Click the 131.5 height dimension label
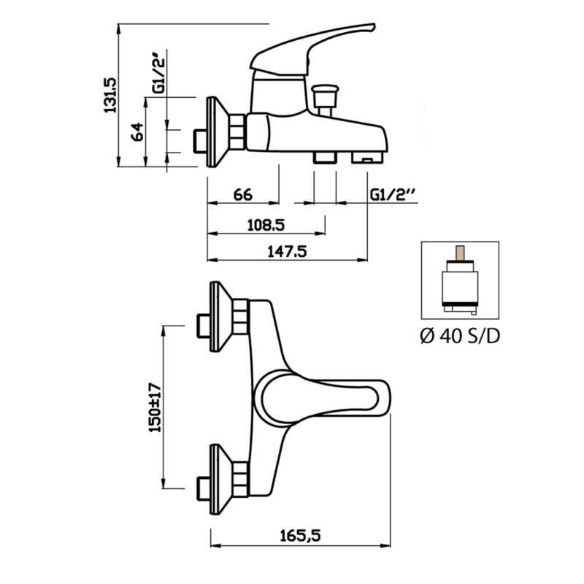pos(110,92)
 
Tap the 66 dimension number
pos(242,195)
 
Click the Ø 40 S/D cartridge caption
pos(460,337)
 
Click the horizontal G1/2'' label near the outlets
pos(393,195)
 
